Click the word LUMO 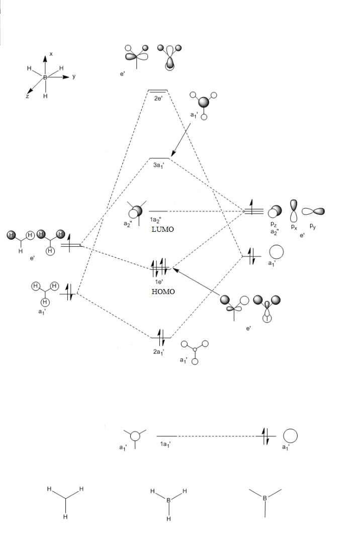click(x=162, y=229)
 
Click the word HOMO click(x=163, y=292)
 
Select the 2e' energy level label click(x=158, y=99)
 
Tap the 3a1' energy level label click(x=159, y=165)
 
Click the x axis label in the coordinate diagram click(x=51, y=53)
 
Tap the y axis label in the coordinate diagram click(x=74, y=76)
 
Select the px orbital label click(x=294, y=227)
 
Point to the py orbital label click(x=313, y=227)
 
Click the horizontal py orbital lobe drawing click(x=313, y=212)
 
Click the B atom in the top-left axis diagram click(x=45, y=77)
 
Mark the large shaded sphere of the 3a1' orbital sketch click(x=204, y=102)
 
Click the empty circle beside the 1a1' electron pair click(x=290, y=436)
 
